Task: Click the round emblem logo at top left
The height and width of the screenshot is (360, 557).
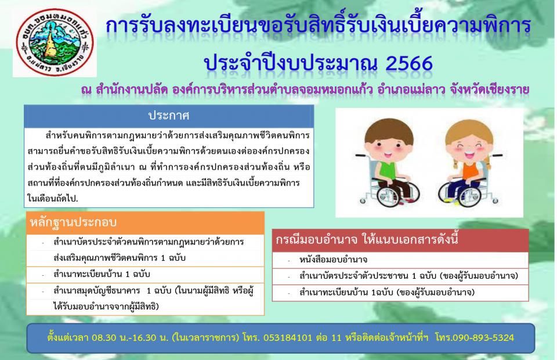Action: coord(55,42)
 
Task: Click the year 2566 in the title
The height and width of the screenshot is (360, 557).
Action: coord(409,64)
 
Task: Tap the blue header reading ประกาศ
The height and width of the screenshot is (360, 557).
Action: coord(169,116)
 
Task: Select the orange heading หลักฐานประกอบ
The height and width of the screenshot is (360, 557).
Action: coord(73,222)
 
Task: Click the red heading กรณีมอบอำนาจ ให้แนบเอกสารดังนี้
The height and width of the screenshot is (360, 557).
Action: coord(367,240)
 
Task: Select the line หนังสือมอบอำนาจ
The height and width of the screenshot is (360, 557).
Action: coord(333,260)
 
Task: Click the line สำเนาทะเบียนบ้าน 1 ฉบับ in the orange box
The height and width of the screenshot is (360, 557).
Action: coord(102,274)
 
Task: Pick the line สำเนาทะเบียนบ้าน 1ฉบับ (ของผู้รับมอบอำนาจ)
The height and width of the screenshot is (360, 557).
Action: coord(387,293)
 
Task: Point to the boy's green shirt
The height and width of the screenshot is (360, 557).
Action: coord(388,170)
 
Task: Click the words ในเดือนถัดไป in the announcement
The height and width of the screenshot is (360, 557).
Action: coord(53,199)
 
